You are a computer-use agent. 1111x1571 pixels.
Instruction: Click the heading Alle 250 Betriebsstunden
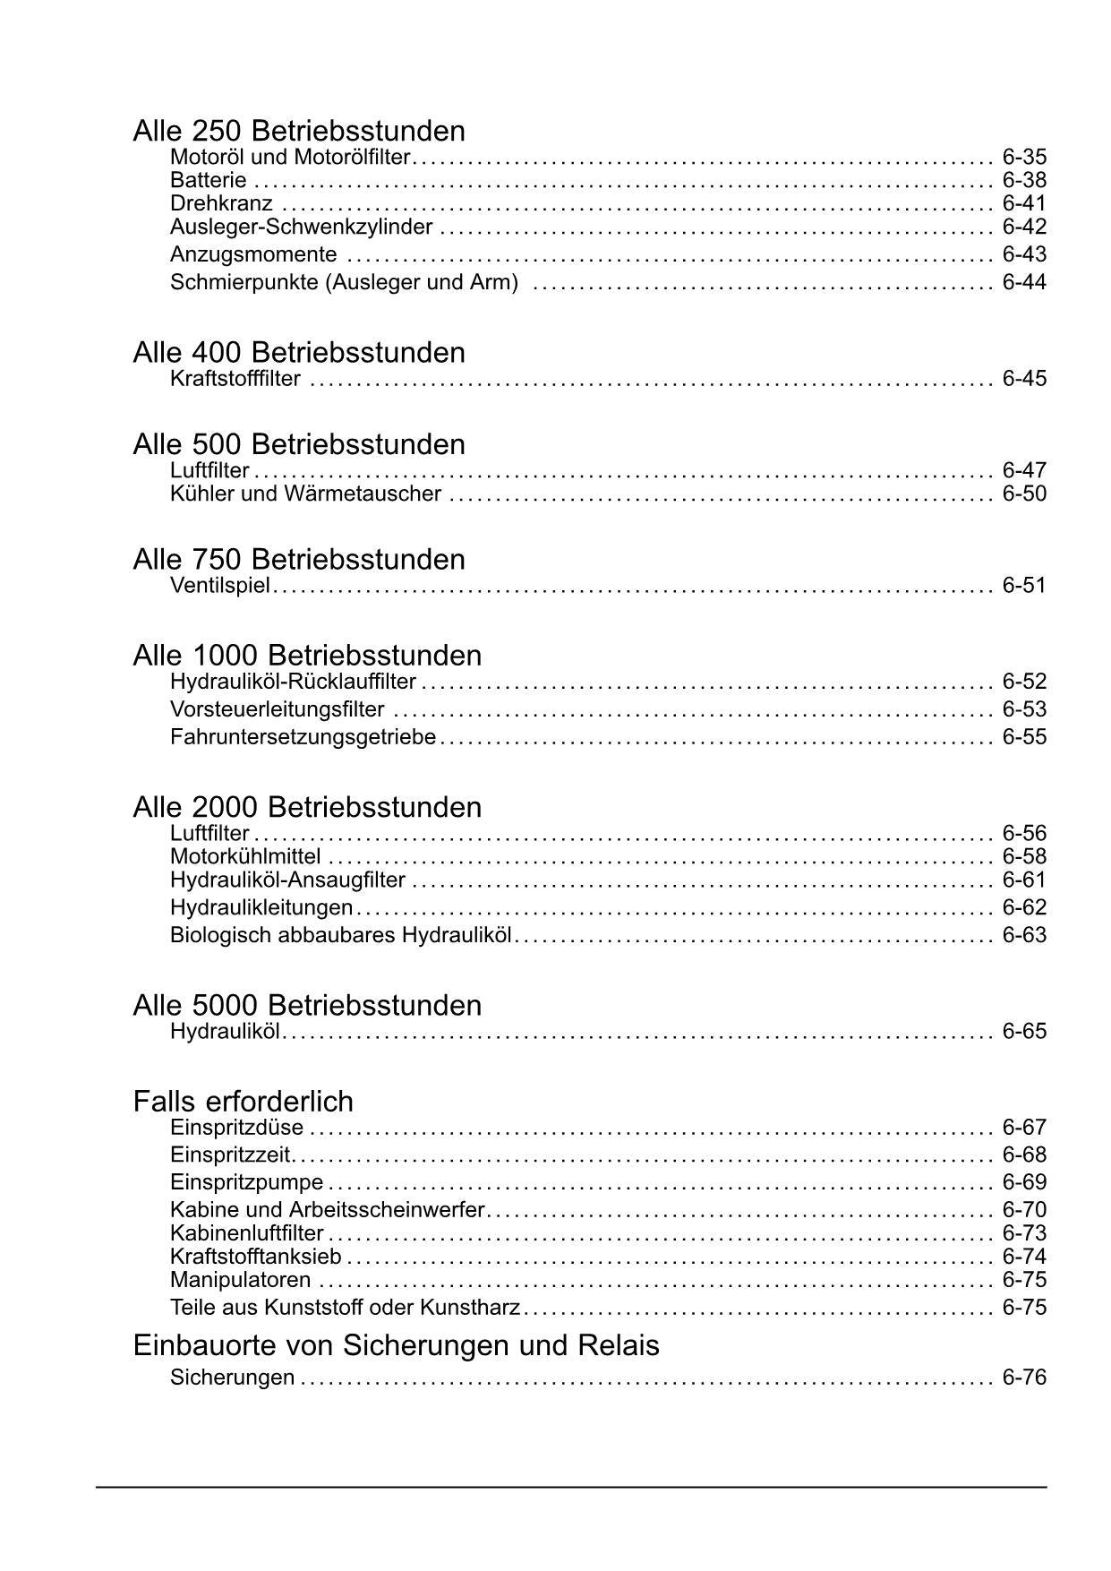299,131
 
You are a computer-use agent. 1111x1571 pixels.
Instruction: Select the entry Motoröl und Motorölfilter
290,158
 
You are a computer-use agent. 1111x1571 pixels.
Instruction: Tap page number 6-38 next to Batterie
1024,181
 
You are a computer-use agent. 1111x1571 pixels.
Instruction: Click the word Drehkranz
221,204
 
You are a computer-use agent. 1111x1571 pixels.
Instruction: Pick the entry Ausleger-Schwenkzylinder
302,227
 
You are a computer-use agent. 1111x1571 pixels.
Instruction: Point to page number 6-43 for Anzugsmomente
1024,254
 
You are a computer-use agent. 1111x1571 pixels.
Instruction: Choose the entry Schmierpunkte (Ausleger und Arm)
344,282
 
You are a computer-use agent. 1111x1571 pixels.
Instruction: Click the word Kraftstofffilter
235,379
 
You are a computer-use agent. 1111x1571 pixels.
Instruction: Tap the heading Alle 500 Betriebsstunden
299,444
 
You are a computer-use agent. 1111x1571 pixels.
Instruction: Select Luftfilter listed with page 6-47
209,471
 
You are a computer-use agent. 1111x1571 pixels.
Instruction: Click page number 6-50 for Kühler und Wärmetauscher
1024,494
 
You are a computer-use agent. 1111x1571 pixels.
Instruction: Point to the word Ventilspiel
219,586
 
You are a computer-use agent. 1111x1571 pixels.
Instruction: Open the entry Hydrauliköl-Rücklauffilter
293,682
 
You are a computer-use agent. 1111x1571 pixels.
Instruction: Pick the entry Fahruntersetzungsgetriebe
303,737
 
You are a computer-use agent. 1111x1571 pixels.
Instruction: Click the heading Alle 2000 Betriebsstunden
307,807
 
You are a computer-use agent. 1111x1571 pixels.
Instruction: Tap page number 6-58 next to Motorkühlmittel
1024,857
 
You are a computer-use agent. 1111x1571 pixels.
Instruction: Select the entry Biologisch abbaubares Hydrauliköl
340,935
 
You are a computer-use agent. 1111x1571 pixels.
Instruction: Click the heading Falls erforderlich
243,1101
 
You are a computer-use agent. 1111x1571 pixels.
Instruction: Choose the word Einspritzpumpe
246,1182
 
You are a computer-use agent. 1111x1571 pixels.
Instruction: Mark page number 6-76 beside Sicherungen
1024,1378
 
